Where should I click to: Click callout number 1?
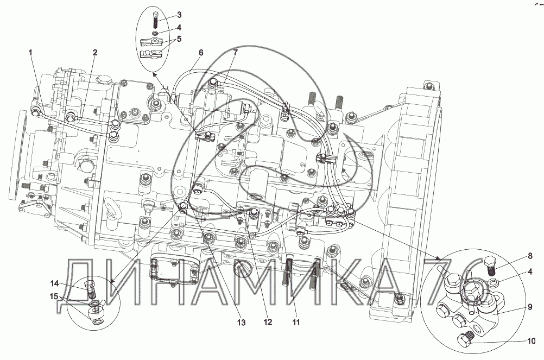tap(30, 52)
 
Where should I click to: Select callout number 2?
tap(95, 52)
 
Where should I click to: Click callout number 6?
tap(201, 53)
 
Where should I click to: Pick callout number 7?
tap(236, 52)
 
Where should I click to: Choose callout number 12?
tap(267, 322)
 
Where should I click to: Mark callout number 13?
tap(241, 322)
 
